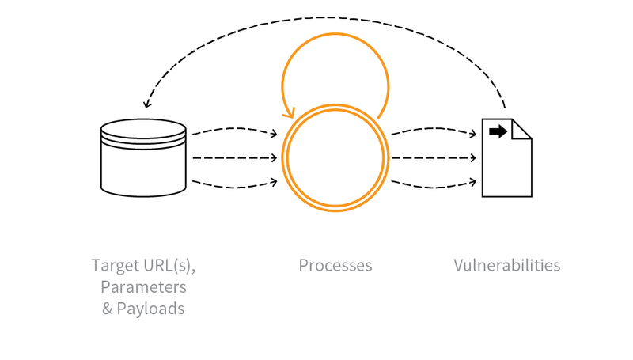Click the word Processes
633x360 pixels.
[x=335, y=266]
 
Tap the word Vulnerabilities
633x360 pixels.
[x=506, y=266]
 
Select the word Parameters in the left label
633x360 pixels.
[x=143, y=286]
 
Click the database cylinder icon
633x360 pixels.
[x=143, y=158]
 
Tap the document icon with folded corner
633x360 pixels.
[x=506, y=162]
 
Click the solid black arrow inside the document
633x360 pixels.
[x=498, y=131]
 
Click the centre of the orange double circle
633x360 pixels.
[x=336, y=158]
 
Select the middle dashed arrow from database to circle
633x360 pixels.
[x=234, y=158]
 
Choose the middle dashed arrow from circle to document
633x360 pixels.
[x=434, y=158]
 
